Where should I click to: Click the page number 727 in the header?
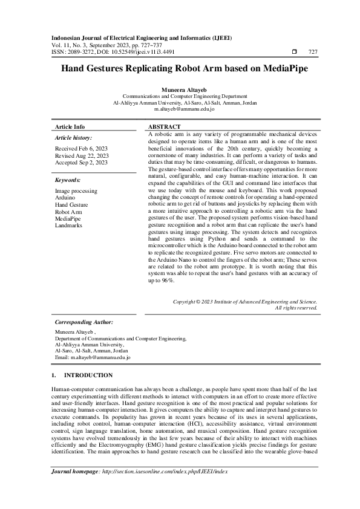click(313, 53)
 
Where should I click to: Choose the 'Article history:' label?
click(72, 138)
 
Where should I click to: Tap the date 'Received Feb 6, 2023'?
click(80, 148)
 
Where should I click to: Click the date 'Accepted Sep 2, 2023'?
click(81, 163)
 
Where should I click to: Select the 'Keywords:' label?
click(68, 180)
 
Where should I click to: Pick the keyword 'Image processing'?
click(76, 191)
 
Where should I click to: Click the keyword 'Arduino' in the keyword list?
click(65, 198)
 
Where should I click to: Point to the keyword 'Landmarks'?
click(68, 225)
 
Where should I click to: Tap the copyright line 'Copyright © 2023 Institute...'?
click(244, 301)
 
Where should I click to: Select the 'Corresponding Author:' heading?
click(83, 322)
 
